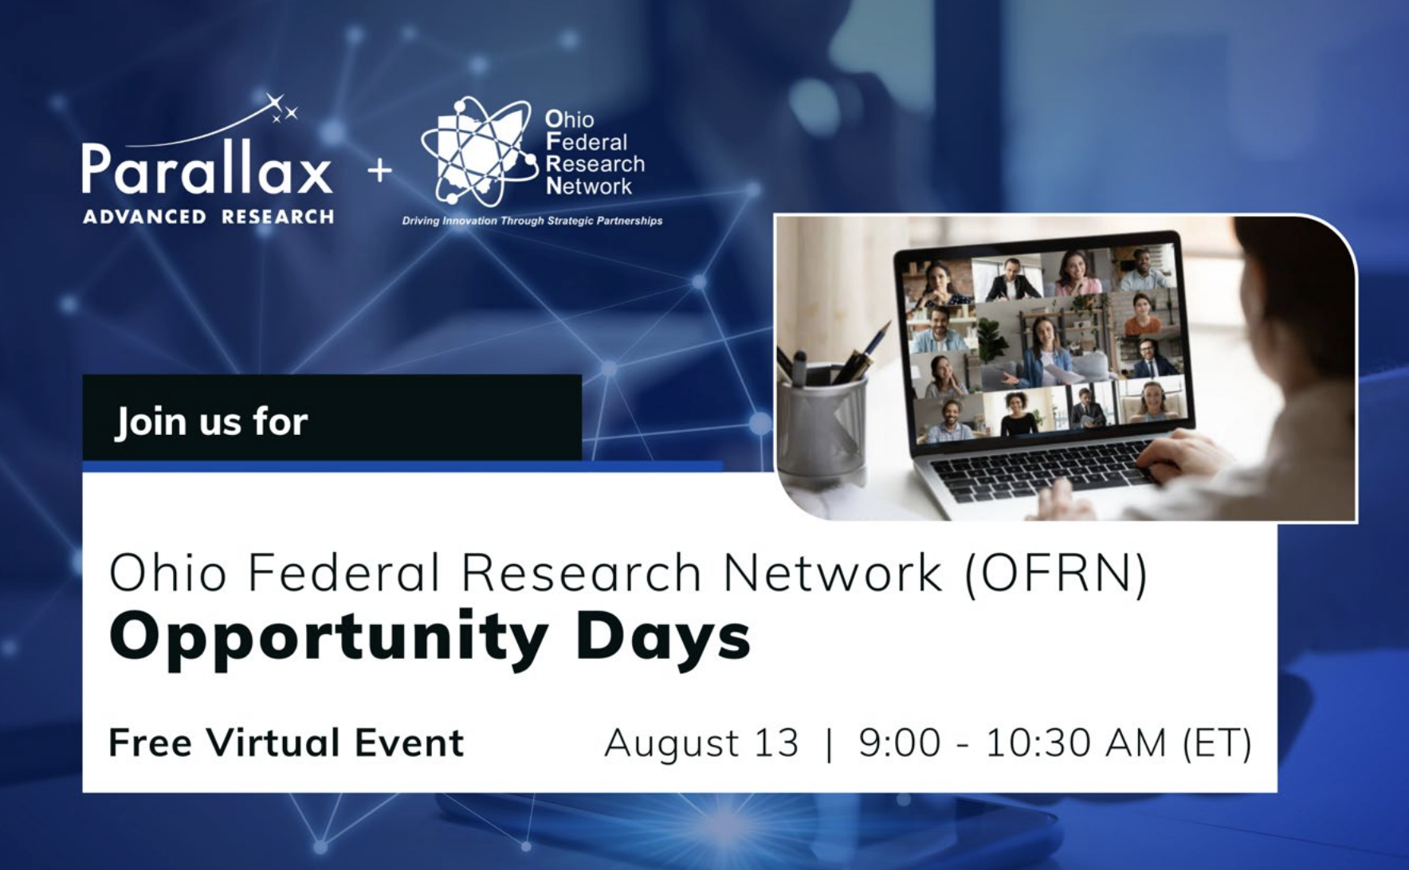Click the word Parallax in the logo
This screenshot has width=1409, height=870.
(206, 168)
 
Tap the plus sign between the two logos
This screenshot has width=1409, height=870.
(380, 170)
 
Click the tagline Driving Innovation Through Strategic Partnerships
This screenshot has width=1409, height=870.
(532, 221)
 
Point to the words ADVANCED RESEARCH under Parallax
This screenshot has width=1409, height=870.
(208, 217)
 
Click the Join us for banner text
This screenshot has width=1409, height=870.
(211, 421)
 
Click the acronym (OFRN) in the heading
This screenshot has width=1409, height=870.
(1056, 573)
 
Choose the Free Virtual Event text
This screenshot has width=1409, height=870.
(286, 743)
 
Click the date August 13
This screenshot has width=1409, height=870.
(701, 743)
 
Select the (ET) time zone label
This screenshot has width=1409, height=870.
(1217, 743)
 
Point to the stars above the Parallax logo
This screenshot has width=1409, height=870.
(281, 108)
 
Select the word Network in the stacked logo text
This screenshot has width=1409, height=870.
(589, 186)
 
